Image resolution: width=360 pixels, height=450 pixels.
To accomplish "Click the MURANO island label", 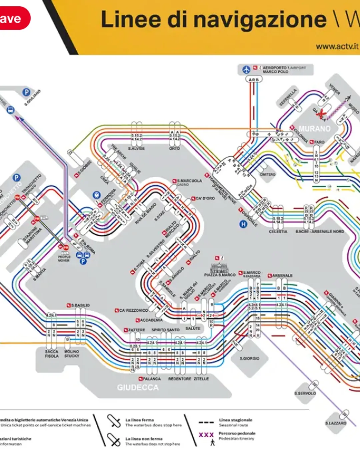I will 314,129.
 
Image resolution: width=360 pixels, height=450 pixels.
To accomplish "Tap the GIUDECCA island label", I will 138,387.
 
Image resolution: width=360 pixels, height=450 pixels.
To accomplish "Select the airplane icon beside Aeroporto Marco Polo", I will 246,70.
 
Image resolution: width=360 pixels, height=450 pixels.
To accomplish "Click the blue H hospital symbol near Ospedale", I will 243,224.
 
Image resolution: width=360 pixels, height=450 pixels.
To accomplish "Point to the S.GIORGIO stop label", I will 249,358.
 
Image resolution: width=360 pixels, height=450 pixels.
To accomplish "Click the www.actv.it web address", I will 337,46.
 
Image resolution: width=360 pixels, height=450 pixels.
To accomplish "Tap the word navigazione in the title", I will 260,19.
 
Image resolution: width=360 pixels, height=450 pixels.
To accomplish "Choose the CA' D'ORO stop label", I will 205,198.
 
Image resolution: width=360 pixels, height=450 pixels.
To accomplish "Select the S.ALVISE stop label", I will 136,148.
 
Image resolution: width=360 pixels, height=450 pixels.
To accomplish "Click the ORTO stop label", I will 174,148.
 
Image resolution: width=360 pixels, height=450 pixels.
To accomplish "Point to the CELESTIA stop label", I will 278,231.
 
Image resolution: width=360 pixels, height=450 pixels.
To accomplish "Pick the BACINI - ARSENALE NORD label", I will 320,231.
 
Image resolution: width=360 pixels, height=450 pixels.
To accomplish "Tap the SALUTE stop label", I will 193,328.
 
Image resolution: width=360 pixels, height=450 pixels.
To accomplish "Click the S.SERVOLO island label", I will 305,393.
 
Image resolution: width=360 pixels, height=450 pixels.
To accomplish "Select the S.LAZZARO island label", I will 336,423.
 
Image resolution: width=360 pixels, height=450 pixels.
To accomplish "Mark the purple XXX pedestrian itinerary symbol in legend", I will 206,435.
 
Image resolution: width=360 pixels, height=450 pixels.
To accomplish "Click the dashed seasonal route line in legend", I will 206,422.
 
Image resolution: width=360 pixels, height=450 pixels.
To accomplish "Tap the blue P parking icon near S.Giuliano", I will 26,92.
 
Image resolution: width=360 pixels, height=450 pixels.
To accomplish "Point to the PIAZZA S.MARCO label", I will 220,275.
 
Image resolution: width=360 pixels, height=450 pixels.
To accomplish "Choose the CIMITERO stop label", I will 267,174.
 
